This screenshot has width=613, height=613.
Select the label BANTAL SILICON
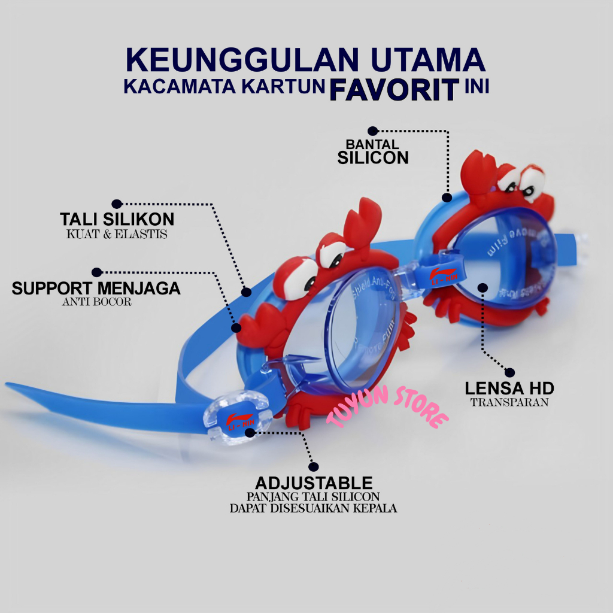(x=372, y=151)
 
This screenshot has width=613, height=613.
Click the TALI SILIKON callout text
(x=117, y=219)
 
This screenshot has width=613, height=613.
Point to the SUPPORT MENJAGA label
(x=96, y=288)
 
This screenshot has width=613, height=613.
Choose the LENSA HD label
(x=509, y=388)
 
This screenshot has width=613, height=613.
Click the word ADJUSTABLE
(x=314, y=483)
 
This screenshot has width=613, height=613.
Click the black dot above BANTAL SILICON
(x=372, y=131)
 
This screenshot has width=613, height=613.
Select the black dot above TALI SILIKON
(x=117, y=204)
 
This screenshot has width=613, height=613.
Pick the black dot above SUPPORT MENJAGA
(x=96, y=272)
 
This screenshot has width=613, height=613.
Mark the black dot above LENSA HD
(x=509, y=372)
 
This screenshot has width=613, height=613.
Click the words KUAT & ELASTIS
(x=117, y=234)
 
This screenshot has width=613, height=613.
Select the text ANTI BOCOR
(x=96, y=302)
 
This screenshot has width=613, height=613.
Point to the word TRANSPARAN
(x=509, y=402)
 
